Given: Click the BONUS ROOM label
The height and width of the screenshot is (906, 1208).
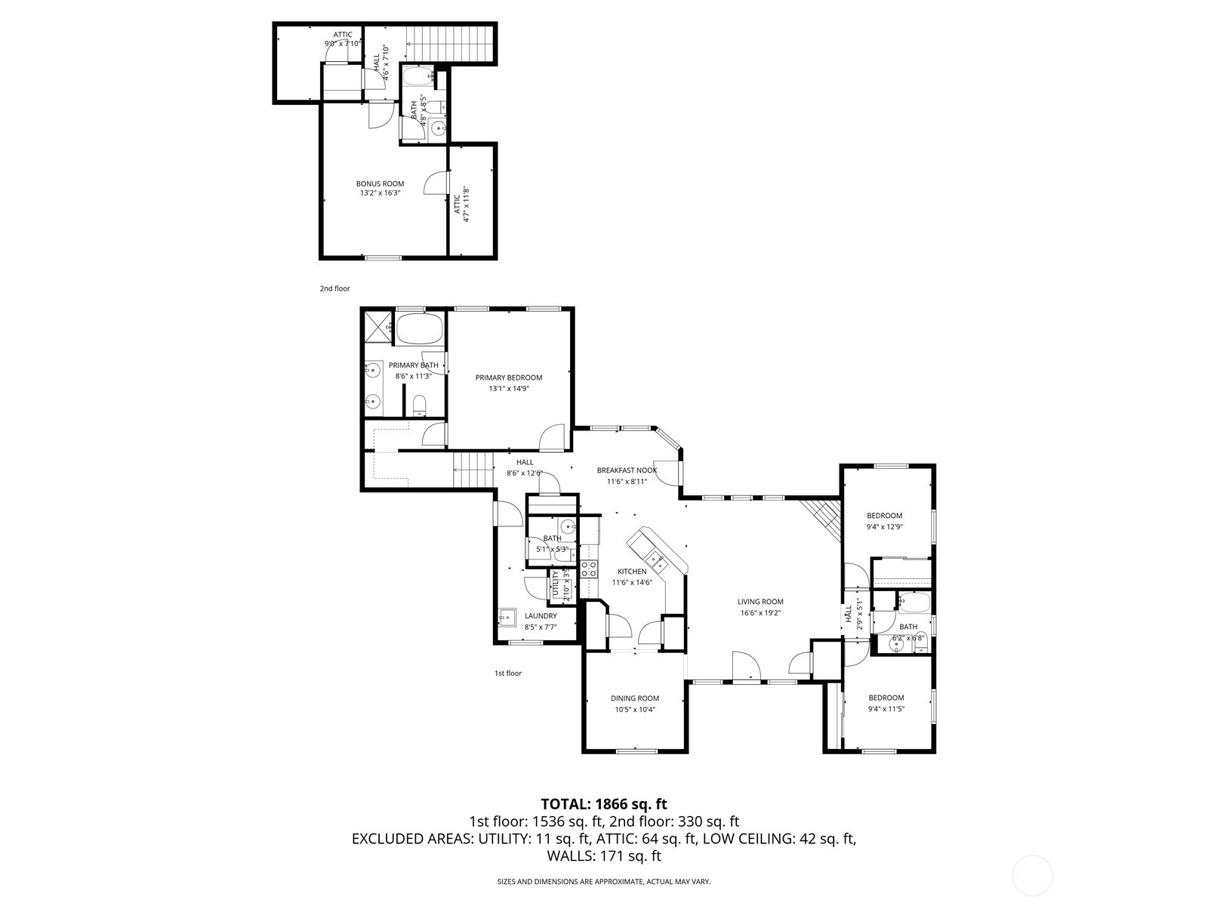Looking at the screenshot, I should coord(380,183).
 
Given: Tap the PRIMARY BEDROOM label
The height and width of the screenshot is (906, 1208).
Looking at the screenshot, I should coord(508,377).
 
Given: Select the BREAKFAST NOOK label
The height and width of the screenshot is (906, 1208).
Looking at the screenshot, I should coord(627,470).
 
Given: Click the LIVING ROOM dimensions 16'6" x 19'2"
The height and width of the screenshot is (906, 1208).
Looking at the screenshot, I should coord(760,613).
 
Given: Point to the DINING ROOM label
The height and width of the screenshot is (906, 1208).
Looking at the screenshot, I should coord(635,698).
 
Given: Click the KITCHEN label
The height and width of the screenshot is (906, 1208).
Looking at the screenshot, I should coord(632,572).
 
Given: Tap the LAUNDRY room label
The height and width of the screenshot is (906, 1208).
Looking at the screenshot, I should coord(541,616).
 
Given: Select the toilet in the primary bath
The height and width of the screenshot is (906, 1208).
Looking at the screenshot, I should coord(421,405).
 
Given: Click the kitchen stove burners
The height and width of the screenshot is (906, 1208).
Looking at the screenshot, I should coord(589,569).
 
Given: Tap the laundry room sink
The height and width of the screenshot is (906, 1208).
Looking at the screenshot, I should coord(507,618).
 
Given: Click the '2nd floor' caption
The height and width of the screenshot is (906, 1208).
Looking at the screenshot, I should coord(334,288).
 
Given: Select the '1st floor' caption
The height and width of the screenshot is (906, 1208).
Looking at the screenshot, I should coord(507,673).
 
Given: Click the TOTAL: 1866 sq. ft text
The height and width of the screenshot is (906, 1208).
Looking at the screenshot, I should coord(604,804).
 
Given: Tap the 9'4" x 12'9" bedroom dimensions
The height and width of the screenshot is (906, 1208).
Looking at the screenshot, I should coord(884,527).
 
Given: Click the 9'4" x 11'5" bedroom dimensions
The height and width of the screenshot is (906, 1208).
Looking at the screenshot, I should coord(886,709).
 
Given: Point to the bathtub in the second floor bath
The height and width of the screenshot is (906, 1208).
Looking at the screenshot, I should coord(417,77).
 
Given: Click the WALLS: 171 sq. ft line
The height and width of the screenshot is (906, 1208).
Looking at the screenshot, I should coord(604,856).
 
